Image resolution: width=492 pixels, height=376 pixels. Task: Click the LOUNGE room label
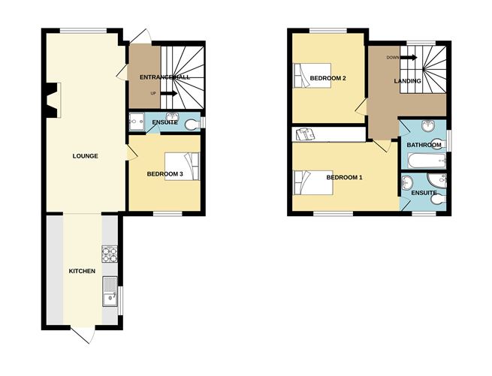pos(86,156)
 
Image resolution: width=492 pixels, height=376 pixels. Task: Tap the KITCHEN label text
pos(82,271)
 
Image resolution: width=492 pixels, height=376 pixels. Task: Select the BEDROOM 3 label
pos(165,174)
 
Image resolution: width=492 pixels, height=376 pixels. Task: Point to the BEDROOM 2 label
pos(328,78)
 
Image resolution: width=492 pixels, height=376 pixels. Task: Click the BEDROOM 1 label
pos(345,178)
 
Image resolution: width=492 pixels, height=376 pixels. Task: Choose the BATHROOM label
pos(424,145)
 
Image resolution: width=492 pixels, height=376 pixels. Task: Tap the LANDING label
pos(408,81)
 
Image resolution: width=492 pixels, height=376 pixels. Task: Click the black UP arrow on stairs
pos(169,94)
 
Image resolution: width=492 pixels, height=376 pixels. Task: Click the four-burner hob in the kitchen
pos(110,254)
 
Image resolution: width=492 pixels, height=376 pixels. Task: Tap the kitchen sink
pos(110,291)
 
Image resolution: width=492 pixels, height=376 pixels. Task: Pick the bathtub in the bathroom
pos(427,161)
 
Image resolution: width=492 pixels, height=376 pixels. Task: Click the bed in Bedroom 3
pos(183,167)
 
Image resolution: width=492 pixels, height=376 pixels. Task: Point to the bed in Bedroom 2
pos(312,75)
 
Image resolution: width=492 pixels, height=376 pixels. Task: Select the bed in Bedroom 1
pos(312,182)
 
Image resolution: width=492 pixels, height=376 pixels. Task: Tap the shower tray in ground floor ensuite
pos(137,122)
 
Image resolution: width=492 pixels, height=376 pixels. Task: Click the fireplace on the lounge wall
pos(53,101)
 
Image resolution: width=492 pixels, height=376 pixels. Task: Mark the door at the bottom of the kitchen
pos(83,335)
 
